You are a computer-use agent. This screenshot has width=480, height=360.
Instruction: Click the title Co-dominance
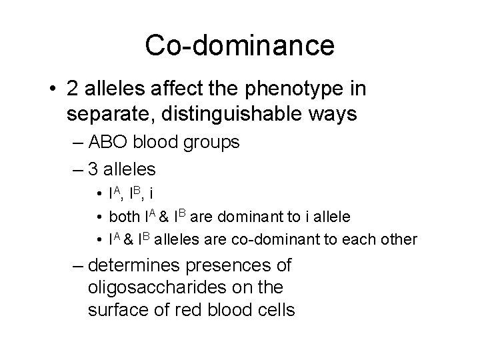(240, 45)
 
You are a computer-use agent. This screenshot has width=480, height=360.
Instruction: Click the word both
(122, 217)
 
